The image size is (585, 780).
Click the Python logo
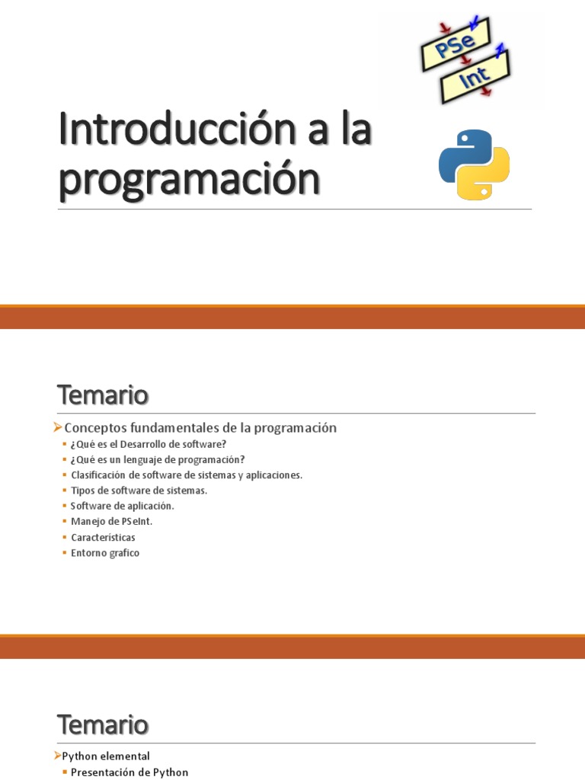[x=475, y=165]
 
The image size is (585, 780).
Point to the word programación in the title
[x=188, y=177]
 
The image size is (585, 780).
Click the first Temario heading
[x=103, y=396]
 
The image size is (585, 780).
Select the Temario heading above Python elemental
[x=103, y=724]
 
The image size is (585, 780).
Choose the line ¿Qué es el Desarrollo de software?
[x=149, y=444]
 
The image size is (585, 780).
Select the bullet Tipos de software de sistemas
[x=139, y=491]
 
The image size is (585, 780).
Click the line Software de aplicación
[x=122, y=506]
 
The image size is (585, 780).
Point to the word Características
[x=103, y=537]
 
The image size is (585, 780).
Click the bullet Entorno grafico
[x=105, y=553]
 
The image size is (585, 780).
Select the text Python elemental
[x=106, y=756]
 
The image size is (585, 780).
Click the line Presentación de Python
[x=129, y=772]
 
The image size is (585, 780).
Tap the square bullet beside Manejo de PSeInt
[x=64, y=522]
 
